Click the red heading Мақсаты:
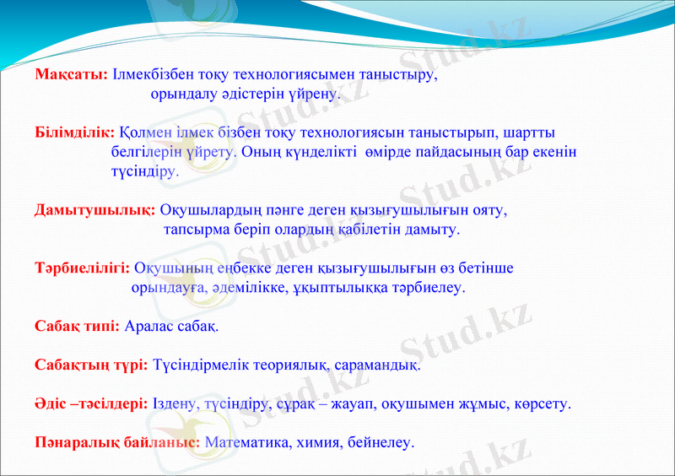coord(71,74)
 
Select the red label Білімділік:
coord(74,133)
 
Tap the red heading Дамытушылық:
coord(94,209)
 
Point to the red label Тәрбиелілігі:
coord(82,268)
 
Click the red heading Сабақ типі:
coord(77,326)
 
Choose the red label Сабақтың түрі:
coord(91,365)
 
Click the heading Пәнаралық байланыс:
coord(116,441)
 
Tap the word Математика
coord(245,441)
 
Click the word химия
coord(314,441)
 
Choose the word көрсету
coord(543,403)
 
